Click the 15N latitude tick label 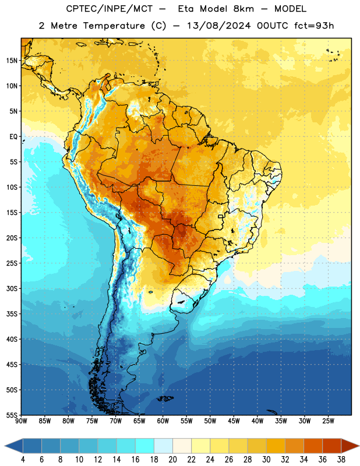pyautogui.click(x=12, y=61)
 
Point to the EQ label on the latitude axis pyautogui.click(x=13, y=137)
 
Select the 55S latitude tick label pyautogui.click(x=12, y=415)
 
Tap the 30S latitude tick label pyautogui.click(x=12, y=288)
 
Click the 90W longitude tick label pyautogui.click(x=21, y=421)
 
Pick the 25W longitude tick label pyautogui.click(x=328, y=421)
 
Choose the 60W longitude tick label pyautogui.click(x=163, y=421)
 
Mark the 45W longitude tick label pyautogui.click(x=234, y=421)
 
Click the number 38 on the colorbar pyautogui.click(x=341, y=460)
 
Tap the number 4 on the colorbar pyautogui.click(x=23, y=460)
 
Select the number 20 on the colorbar pyautogui.click(x=172, y=460)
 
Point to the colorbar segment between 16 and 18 pyautogui.click(x=144, y=446)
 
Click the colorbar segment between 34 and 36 pyautogui.click(x=313, y=446)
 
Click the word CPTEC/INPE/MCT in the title pyautogui.click(x=110, y=9)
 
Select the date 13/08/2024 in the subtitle pyautogui.click(x=219, y=26)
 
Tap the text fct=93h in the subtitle pyautogui.click(x=314, y=26)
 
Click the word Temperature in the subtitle pyautogui.click(x=114, y=26)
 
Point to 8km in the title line pyautogui.click(x=243, y=9)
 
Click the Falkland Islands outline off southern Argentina pyautogui.click(x=165, y=398)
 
